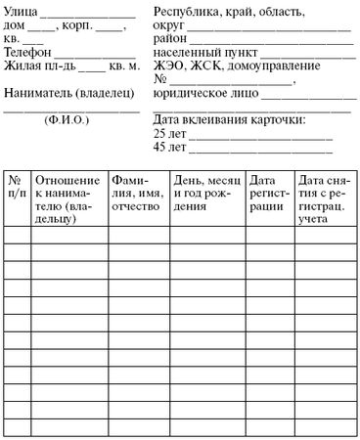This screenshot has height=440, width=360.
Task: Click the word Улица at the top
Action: (x=23, y=13)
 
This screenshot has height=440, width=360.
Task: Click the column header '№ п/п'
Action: (x=16, y=187)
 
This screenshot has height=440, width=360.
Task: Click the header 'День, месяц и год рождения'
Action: (x=206, y=187)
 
